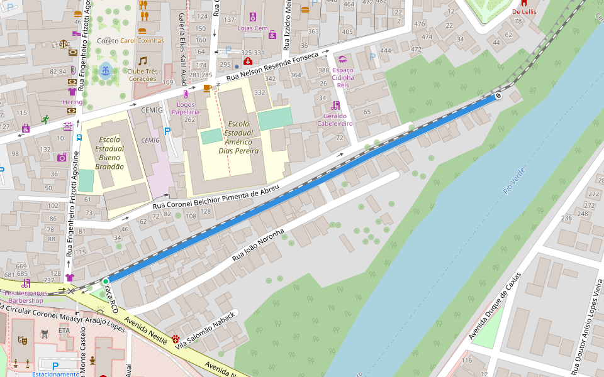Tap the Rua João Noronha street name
tap(259, 245)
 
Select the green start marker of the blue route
tap(106, 281)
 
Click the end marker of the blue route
tap(498, 96)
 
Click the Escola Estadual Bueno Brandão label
tap(109, 153)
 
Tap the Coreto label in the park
tap(108, 41)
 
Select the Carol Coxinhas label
tap(142, 41)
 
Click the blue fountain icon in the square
tap(105, 69)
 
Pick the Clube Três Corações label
tap(143, 75)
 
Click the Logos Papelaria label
tap(185, 107)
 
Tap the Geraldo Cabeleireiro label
tap(335, 119)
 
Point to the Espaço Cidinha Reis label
tap(343, 77)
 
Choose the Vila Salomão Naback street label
tap(207, 329)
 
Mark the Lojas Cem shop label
tap(252, 28)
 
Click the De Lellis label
tap(523, 11)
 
